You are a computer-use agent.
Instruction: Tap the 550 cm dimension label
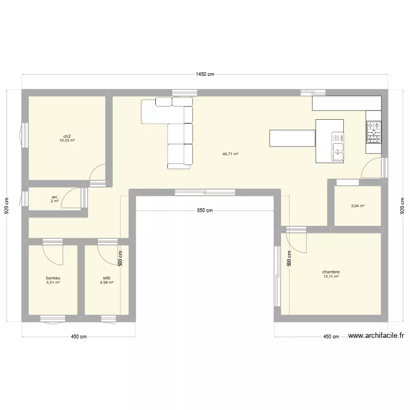205,210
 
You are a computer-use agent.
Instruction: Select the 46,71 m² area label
230,154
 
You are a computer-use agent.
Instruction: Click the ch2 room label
67,136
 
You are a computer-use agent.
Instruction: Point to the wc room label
55,197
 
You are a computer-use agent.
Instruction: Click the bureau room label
53,278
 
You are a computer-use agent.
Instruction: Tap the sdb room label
107,278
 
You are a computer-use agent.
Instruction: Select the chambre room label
331,272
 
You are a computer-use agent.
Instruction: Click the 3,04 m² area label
358,206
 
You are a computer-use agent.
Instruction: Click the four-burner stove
373,132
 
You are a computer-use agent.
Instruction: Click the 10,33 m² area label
67,140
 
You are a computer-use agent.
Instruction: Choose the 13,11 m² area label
331,277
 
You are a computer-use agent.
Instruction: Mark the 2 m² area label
55,201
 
